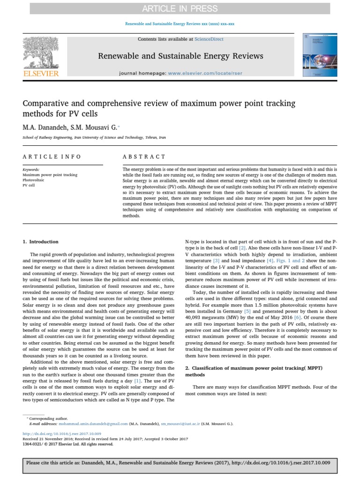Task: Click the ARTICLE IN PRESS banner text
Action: [x=180, y=8]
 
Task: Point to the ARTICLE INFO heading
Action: [x=52, y=157]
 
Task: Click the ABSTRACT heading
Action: [x=144, y=157]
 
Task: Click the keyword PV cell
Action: [x=29, y=185]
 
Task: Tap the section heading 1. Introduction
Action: [x=41, y=242]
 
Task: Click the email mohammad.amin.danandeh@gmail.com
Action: [x=89, y=423]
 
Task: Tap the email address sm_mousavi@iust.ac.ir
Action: [x=180, y=423]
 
